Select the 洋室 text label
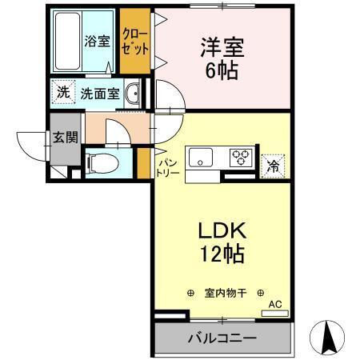pyautogui.click(x=216, y=46)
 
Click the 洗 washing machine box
pyautogui.click(x=62, y=92)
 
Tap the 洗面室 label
pyautogui.click(x=100, y=93)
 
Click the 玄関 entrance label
pyautogui.click(x=65, y=136)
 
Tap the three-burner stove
pyautogui.click(x=240, y=158)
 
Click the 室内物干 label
pyautogui.click(x=226, y=294)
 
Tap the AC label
pyautogui.click(x=274, y=304)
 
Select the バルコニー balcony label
pyautogui.click(x=222, y=338)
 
